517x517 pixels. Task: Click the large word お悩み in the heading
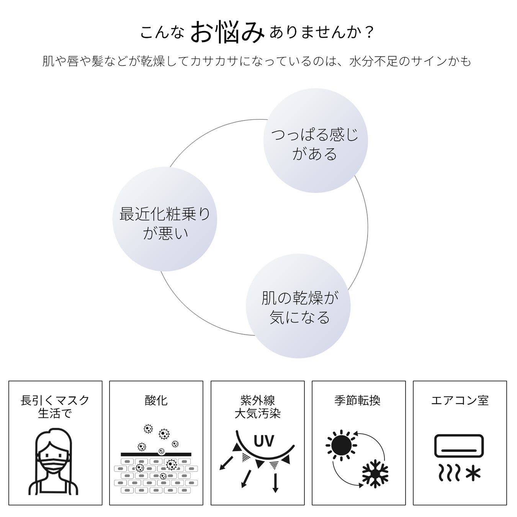pos(227,32)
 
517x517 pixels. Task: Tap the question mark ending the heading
pos(369,33)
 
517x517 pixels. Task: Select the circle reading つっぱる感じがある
pos(315,141)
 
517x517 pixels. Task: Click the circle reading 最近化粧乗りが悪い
pos(165,219)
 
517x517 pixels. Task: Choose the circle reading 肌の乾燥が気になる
pos(298,306)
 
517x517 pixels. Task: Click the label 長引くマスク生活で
pos(55,407)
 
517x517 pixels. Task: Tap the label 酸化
pos(156,401)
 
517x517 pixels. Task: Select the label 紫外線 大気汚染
pos(257,407)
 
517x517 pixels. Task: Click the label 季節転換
pos(357,401)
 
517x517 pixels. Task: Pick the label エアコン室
pos(460,401)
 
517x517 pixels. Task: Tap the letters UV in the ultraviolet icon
pos(264,441)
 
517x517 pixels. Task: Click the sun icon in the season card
pos(341,445)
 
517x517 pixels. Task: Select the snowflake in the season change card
pos(375,474)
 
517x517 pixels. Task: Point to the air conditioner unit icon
pos(459,446)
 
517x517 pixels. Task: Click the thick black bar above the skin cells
pos(156,455)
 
